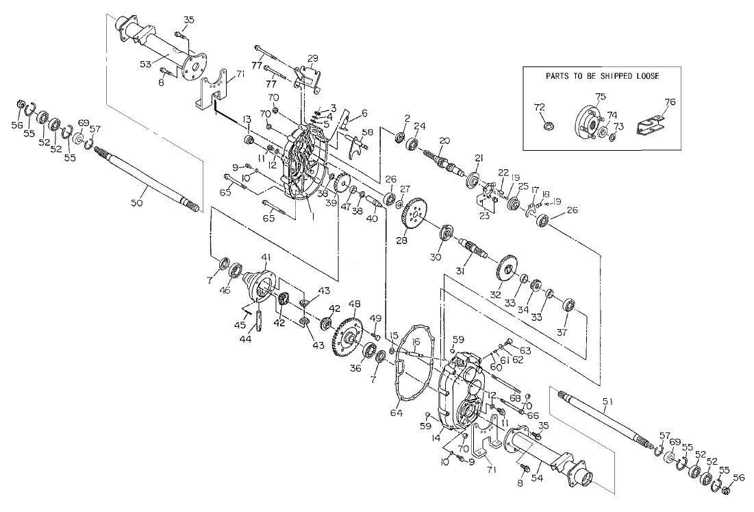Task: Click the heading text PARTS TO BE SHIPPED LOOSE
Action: pyautogui.click(x=602, y=76)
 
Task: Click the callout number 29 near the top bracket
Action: pyautogui.click(x=312, y=58)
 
